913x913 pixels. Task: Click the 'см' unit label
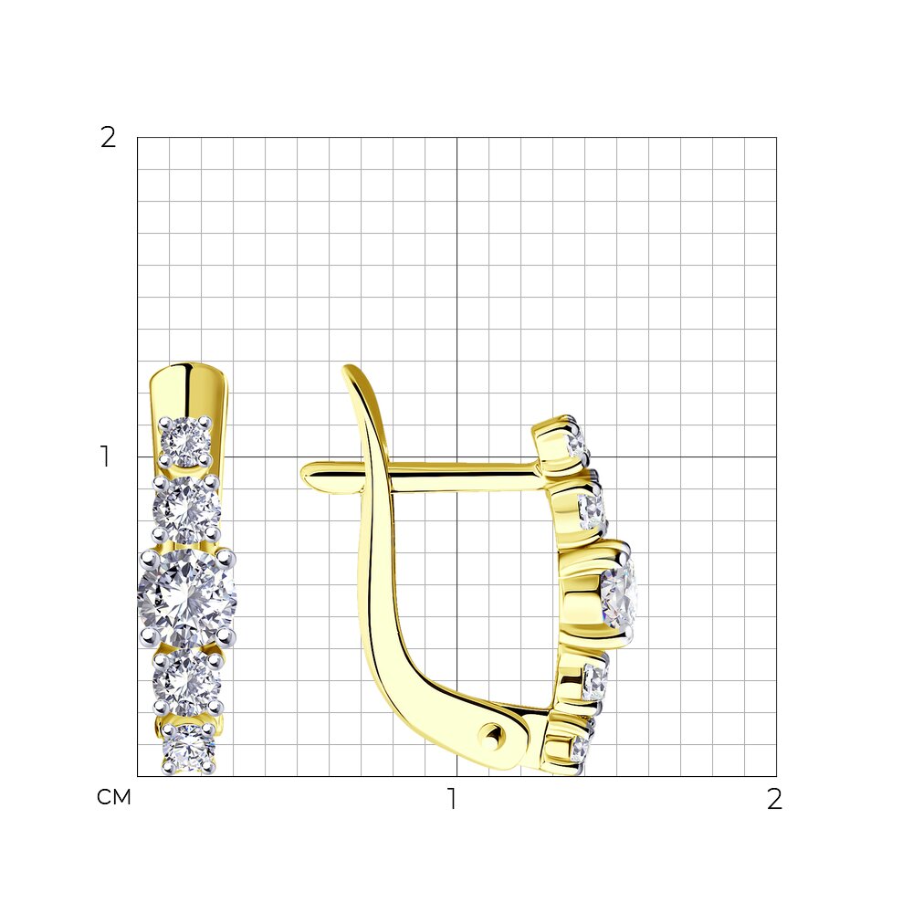coord(113,797)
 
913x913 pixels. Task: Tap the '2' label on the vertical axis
coord(109,138)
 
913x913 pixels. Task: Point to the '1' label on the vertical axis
coord(105,456)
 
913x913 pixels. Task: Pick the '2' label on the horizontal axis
coord(774,799)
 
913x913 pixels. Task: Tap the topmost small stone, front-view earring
coord(185,442)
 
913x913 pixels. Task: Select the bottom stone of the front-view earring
coord(188,749)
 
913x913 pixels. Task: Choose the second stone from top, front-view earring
coord(187,509)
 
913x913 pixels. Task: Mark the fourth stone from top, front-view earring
coord(187,682)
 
